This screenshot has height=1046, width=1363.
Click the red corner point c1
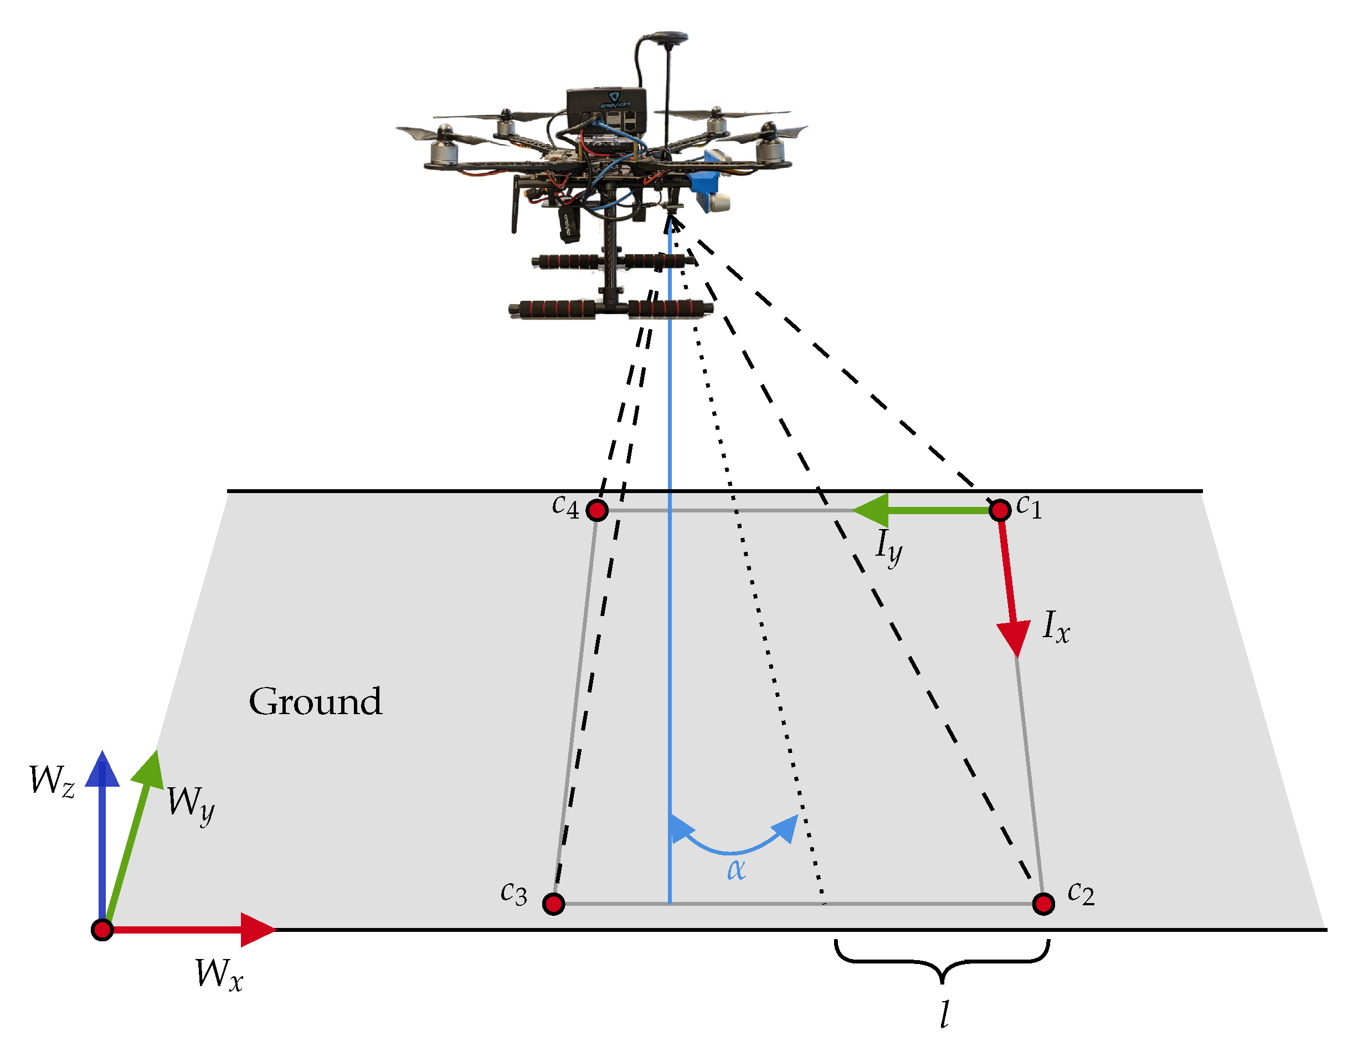pos(1000,511)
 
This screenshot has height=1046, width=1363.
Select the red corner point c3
pos(553,904)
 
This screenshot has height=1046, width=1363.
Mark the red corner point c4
pos(598,511)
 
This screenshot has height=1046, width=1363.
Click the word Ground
pos(315,703)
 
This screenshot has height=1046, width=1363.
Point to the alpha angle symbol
pos(735,869)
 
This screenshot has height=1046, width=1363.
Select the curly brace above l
pos(942,960)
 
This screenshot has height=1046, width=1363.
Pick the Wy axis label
pos(191,804)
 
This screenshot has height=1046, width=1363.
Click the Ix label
pos(1056,627)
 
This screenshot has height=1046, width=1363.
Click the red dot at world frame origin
pos(102,930)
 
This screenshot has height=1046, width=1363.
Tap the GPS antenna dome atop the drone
pos(666,37)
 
